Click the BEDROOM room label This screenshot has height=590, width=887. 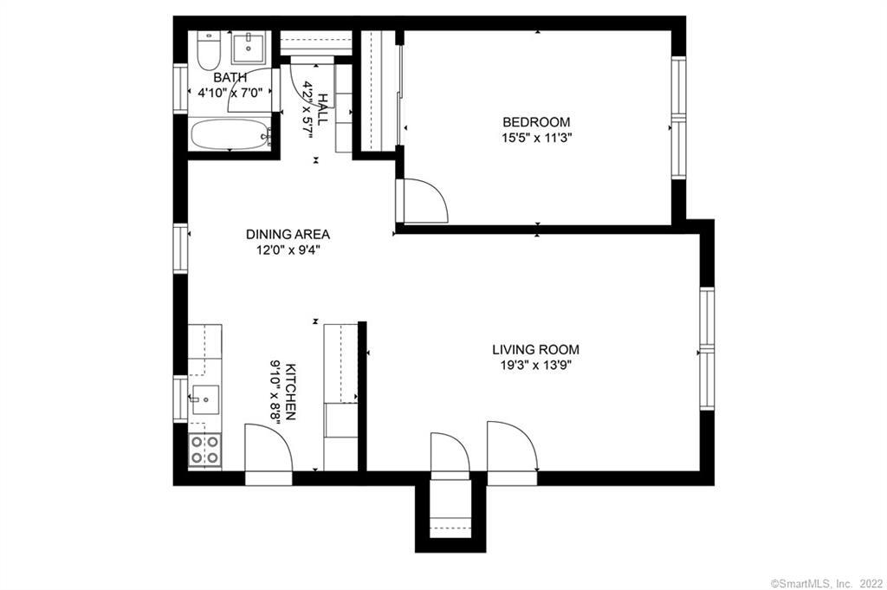click(536, 121)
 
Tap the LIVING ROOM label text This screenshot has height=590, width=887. click(535, 350)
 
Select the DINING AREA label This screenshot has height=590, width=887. click(288, 234)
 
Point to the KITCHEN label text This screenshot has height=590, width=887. click(289, 392)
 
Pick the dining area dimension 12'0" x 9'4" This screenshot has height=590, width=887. click(288, 250)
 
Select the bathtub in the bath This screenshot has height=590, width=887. click(230, 134)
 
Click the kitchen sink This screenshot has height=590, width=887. click(205, 399)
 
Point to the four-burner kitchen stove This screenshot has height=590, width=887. click(204, 450)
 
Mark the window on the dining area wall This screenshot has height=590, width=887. click(180, 249)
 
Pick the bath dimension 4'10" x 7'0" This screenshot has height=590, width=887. click(230, 92)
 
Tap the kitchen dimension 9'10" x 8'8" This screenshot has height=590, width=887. click(276, 392)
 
